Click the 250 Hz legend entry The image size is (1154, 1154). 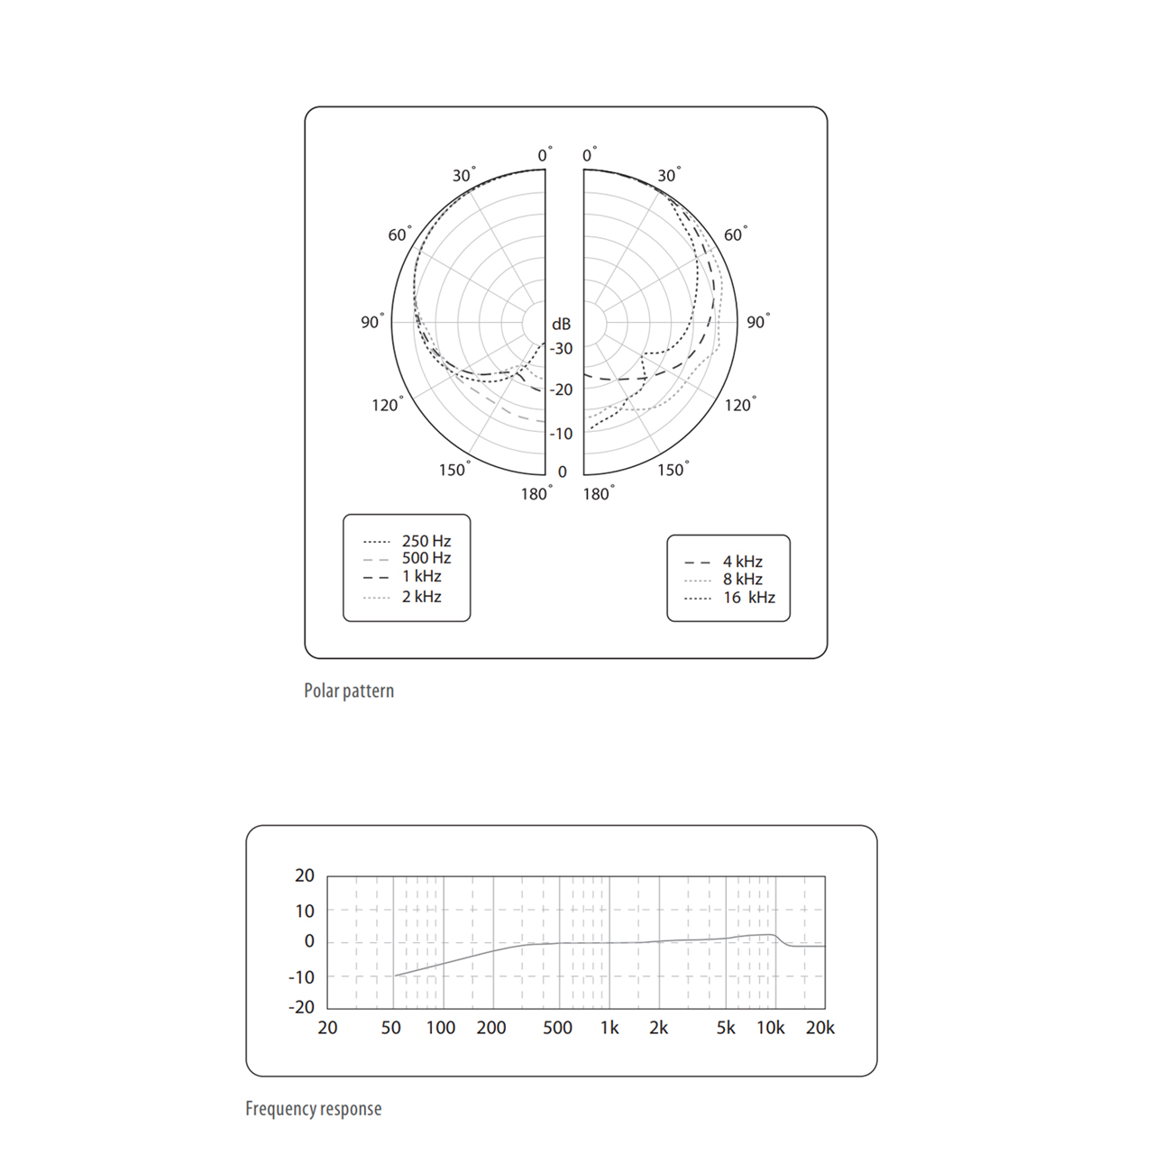click(408, 541)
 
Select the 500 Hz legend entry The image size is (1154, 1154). click(408, 559)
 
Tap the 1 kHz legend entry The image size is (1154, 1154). click(402, 577)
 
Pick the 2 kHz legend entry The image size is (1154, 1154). click(402, 597)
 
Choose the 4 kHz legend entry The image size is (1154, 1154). click(723, 562)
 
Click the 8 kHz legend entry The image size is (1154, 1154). click(723, 579)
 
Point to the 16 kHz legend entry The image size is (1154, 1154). click(729, 598)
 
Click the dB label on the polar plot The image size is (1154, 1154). click(561, 324)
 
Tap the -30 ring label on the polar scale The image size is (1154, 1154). click(561, 349)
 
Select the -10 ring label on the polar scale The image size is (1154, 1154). click(561, 434)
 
